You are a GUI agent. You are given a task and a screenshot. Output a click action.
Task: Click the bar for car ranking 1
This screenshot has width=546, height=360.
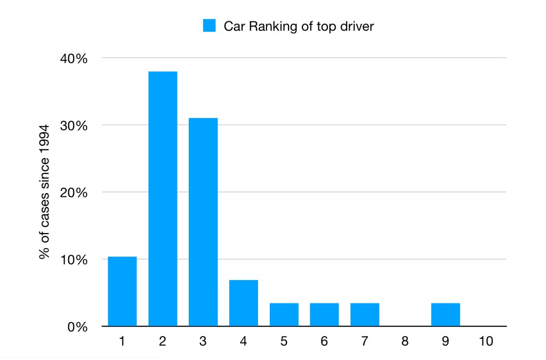(122, 291)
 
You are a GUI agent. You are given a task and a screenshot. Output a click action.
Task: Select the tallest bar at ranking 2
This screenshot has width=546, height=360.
(163, 198)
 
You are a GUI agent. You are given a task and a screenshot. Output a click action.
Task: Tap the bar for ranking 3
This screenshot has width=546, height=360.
(203, 222)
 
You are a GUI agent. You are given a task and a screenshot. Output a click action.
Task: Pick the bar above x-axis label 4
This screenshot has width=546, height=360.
(244, 303)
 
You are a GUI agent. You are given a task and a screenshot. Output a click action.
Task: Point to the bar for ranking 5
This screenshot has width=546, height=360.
(284, 315)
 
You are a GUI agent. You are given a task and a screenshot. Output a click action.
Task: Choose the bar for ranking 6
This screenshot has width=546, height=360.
(324, 315)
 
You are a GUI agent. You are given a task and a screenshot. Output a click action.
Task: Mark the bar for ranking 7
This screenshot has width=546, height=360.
(365, 315)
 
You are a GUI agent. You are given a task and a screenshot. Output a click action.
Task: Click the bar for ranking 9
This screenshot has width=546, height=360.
(446, 315)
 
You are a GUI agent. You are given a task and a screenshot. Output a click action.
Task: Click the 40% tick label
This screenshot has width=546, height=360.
(73, 58)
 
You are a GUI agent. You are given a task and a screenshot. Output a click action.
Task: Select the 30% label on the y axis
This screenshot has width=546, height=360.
(73, 125)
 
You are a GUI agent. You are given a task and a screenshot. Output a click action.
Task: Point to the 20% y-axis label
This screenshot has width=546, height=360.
(73, 193)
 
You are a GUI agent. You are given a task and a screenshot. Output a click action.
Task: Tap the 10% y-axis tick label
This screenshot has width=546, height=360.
(73, 260)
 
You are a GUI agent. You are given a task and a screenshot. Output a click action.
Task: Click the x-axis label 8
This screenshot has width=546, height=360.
(405, 341)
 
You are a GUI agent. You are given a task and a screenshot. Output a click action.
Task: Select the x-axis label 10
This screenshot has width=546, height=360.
(486, 341)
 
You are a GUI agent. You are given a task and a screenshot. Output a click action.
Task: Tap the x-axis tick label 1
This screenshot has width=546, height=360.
(122, 341)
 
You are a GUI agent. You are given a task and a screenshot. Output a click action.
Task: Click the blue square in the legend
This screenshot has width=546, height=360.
(209, 26)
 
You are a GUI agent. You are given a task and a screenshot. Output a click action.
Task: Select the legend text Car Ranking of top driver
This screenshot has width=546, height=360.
(299, 26)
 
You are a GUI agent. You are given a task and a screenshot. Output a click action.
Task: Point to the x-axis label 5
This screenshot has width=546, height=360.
(284, 341)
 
